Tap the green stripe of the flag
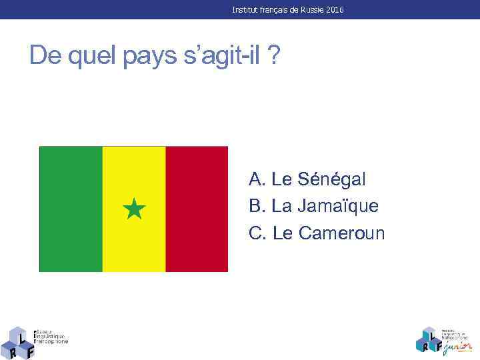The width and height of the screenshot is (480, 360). (x=71, y=209)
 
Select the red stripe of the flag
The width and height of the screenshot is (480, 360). (x=197, y=209)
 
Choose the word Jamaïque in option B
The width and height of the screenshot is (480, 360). (x=338, y=206)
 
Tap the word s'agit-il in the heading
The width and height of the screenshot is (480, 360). (x=222, y=57)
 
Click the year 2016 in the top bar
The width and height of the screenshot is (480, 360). (x=336, y=10)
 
